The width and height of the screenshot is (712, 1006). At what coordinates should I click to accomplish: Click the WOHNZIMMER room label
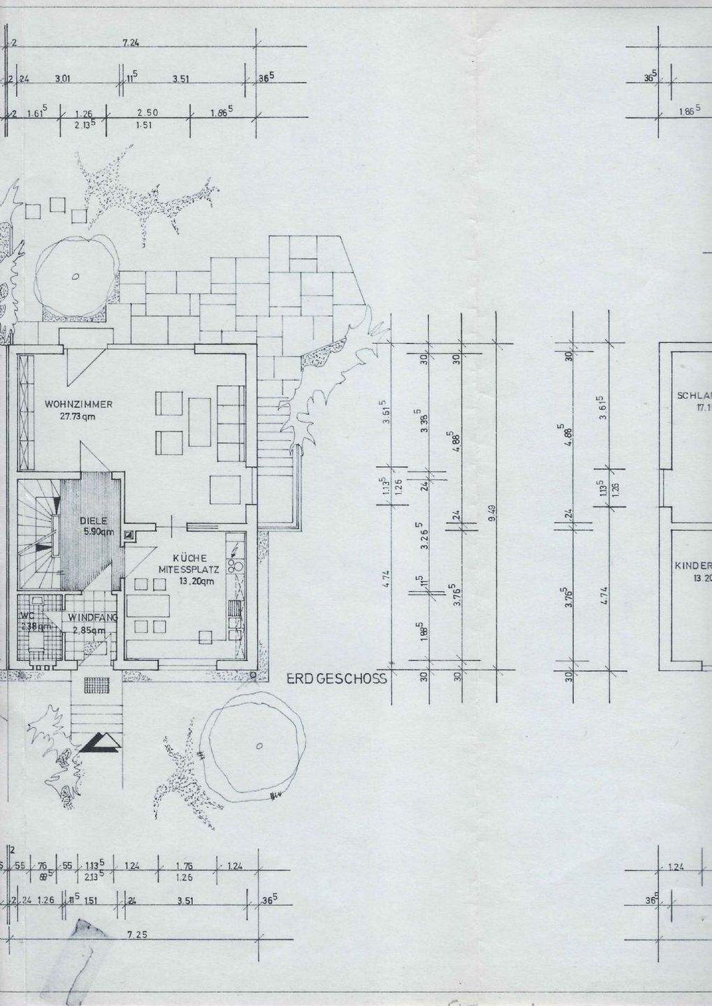[78, 404]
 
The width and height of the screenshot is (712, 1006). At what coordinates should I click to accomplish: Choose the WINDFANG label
[93, 618]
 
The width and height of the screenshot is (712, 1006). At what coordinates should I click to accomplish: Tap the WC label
[28, 616]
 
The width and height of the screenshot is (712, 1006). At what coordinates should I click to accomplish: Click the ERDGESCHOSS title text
[337, 678]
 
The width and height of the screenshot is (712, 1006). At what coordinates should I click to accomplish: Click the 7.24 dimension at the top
[131, 43]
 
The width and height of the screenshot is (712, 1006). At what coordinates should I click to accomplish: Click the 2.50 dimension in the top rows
[147, 112]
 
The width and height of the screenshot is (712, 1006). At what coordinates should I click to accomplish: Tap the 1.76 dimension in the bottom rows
[184, 866]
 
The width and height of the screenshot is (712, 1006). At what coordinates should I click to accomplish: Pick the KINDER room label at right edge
[693, 566]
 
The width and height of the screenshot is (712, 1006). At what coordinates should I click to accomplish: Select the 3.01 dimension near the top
[64, 79]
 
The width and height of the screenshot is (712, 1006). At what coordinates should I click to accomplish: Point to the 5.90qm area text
[97, 532]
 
